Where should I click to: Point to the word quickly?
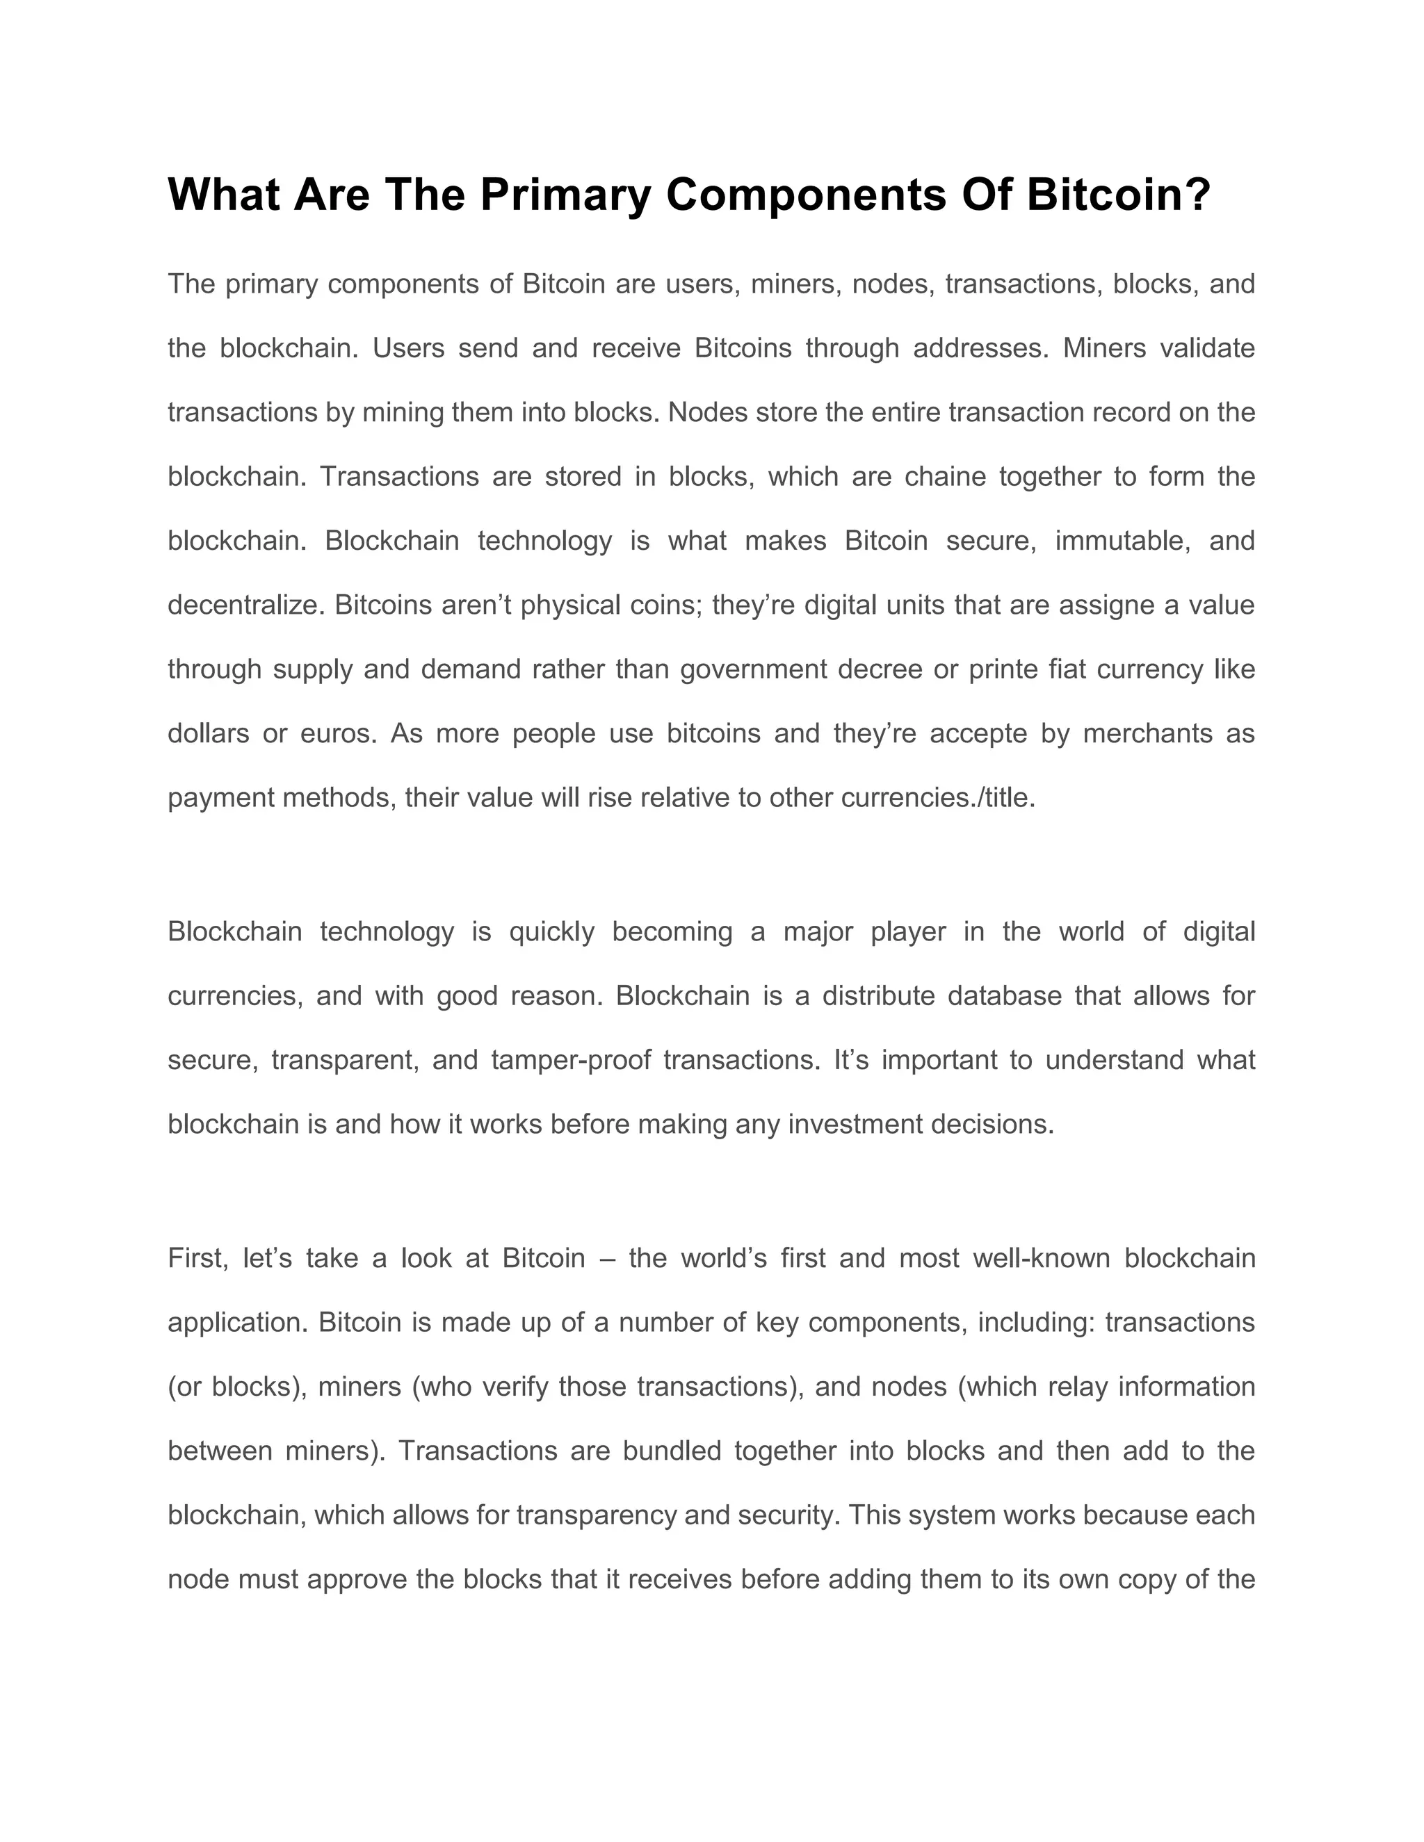pos(551,931)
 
